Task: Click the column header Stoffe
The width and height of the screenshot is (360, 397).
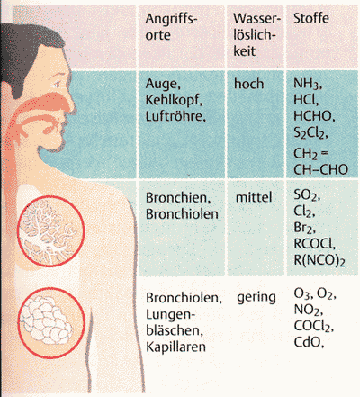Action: [311, 18]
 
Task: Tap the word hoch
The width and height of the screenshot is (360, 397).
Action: [248, 84]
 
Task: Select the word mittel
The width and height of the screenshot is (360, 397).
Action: [254, 197]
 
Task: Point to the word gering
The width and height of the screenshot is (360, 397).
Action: [256, 298]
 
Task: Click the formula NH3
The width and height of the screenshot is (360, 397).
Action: [308, 84]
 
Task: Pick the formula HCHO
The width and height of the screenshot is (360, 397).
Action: [314, 116]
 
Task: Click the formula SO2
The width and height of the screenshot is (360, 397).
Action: [307, 196]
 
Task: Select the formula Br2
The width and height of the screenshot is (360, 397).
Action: [304, 228]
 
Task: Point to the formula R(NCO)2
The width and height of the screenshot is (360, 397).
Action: [319, 260]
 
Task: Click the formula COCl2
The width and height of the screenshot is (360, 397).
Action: [314, 326]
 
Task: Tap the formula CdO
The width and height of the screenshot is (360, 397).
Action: [309, 342]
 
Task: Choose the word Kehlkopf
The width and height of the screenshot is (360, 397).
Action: [174, 100]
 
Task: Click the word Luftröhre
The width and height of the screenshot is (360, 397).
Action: [175, 116]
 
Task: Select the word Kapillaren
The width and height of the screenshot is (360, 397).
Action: [176, 347]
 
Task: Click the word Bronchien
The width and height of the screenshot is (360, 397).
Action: [178, 198]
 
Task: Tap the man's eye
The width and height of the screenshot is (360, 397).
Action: [56, 84]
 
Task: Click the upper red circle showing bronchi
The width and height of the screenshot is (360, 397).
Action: [18, 231]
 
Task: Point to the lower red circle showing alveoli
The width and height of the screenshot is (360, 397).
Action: [19, 323]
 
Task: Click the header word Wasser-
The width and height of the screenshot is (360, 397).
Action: [256, 19]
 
